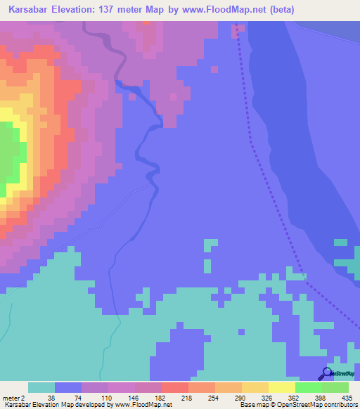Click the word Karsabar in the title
pyautogui.click(x=29, y=10)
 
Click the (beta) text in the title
pyautogui.click(x=278, y=10)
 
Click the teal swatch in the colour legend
pyautogui.click(x=41, y=387)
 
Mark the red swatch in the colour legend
pyautogui.click(x=175, y=387)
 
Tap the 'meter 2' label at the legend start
pyautogui.click(x=13, y=398)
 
